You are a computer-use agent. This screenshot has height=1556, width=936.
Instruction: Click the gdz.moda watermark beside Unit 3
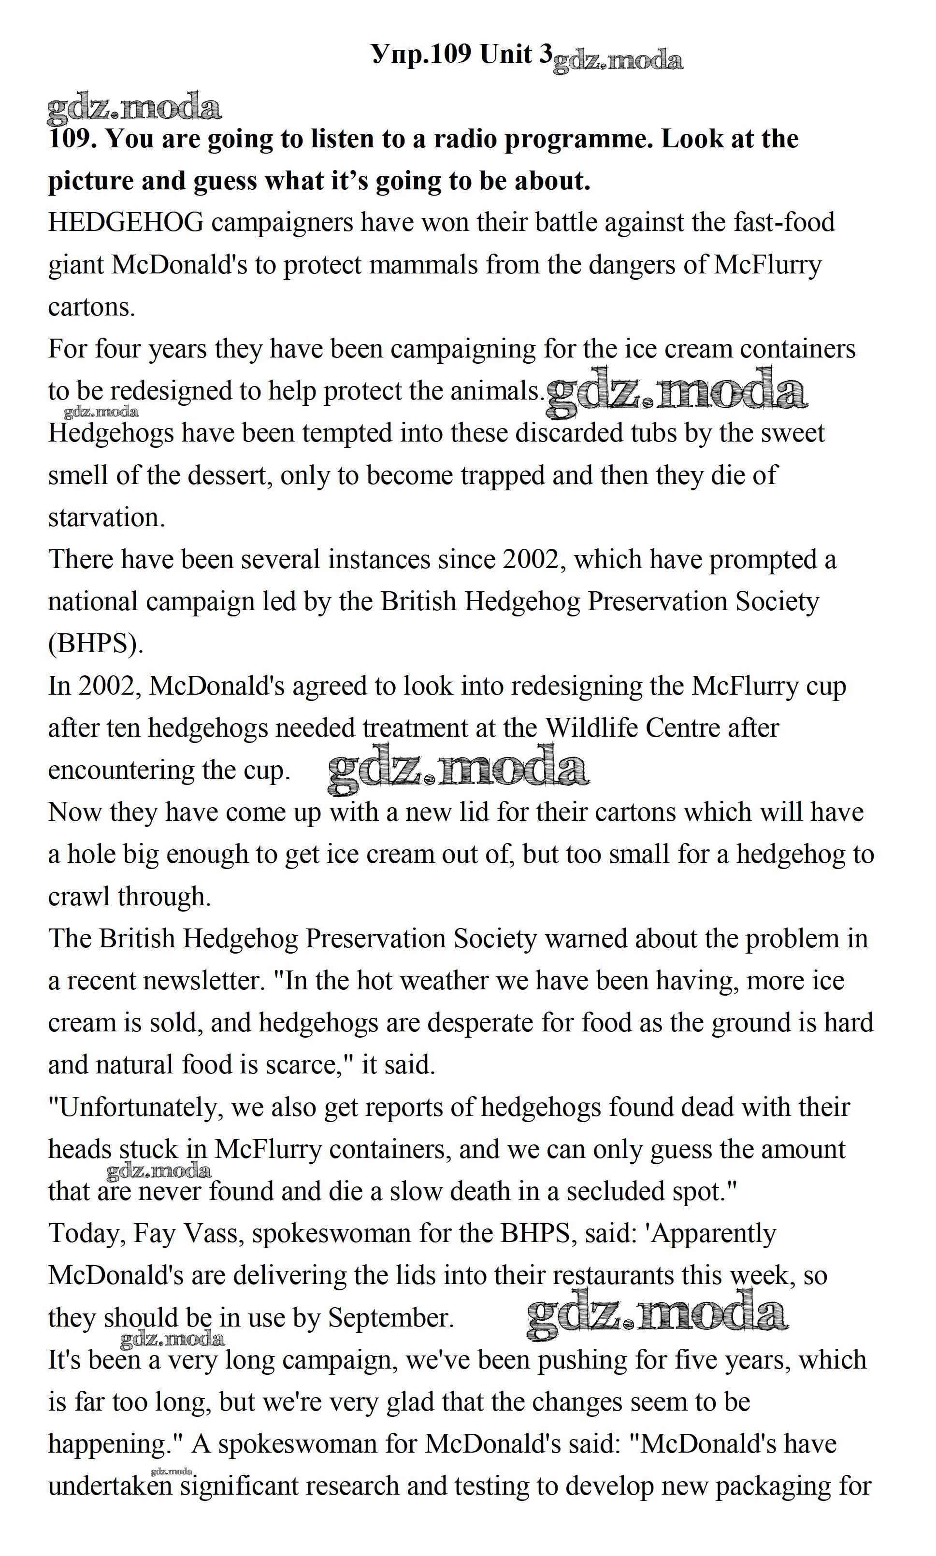pyautogui.click(x=618, y=61)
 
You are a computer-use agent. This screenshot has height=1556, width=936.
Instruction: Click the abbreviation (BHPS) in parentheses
pyautogui.click(x=96, y=644)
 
